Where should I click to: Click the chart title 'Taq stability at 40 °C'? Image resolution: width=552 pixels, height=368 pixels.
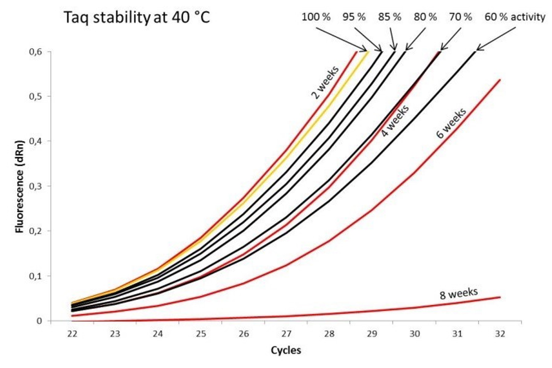[x=137, y=18]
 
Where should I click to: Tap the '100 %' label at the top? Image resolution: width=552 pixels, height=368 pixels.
[x=316, y=17]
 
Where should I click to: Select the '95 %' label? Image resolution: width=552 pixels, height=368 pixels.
[x=354, y=17]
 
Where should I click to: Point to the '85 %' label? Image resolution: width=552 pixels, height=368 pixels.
[x=389, y=17]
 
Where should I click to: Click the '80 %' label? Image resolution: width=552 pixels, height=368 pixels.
[x=425, y=17]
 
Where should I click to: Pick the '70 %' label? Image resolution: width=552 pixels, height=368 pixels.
[x=460, y=17]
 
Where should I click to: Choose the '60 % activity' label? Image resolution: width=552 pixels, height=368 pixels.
[x=515, y=17]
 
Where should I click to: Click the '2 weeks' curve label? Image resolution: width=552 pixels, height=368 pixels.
[x=325, y=82]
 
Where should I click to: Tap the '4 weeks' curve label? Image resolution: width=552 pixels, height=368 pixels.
[x=395, y=121]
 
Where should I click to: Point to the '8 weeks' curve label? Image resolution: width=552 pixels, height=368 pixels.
[x=458, y=293]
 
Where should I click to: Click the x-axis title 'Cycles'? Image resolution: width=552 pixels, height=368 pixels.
[x=286, y=350]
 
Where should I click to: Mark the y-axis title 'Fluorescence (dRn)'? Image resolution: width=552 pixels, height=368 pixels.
[x=20, y=186]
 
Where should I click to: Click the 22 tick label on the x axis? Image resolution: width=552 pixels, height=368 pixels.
[x=72, y=334]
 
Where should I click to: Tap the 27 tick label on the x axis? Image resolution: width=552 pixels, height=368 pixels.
[x=286, y=334]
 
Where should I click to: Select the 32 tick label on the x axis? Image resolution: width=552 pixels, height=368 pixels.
[x=500, y=334]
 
